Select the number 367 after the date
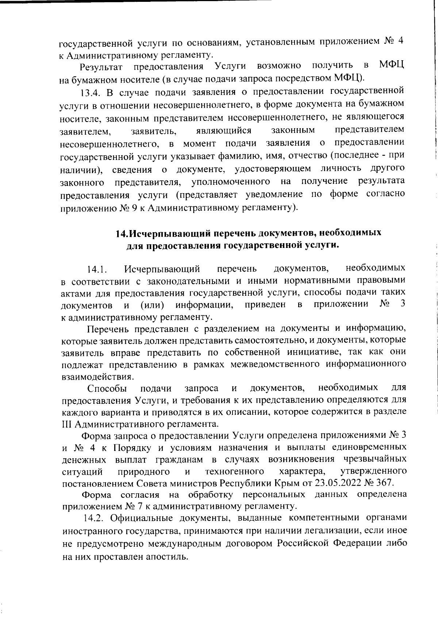click(384, 482)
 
